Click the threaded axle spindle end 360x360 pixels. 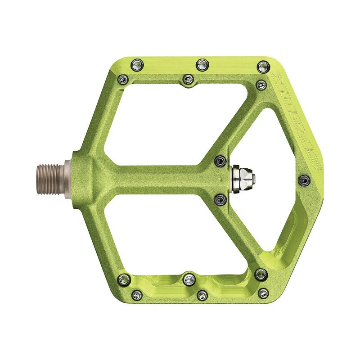coord(50,172)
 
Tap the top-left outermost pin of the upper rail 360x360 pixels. coord(135,66)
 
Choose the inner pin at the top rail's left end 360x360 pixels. coord(122,80)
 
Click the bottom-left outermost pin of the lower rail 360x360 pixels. coord(138,295)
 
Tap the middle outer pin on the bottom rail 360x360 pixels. coord(202,295)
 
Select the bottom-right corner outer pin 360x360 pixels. coord(260,274)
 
